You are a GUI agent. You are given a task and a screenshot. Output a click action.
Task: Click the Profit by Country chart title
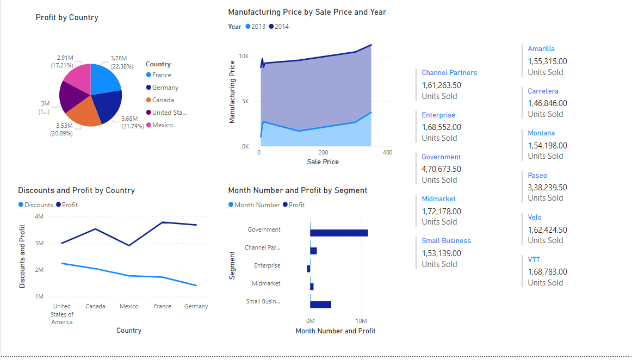pos(67,17)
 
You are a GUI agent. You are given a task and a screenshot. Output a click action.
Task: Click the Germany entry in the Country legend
pos(165,88)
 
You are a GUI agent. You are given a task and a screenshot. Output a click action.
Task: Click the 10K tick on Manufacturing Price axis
pos(244,56)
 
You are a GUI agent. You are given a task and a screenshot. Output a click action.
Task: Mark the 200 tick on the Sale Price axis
pos(323,153)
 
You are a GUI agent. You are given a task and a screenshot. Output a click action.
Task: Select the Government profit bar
pos(339,233)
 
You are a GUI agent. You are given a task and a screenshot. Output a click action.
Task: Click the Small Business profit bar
pos(320,305)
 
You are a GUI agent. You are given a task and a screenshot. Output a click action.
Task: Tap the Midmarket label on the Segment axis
pos(266,283)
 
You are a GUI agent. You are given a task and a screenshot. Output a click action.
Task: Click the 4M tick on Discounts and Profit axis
pos(39,216)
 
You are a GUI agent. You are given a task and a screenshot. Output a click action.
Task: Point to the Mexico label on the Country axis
pos(129,306)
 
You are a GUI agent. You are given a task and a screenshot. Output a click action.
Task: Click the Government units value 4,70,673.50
pos(441,169)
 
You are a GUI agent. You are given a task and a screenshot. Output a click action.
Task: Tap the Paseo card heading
pos(537,175)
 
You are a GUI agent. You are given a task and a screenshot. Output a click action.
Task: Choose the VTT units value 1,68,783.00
pos(547,272)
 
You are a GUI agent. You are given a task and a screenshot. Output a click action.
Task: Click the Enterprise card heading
pos(438,115)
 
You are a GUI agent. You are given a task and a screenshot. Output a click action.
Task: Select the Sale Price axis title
pos(323,162)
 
